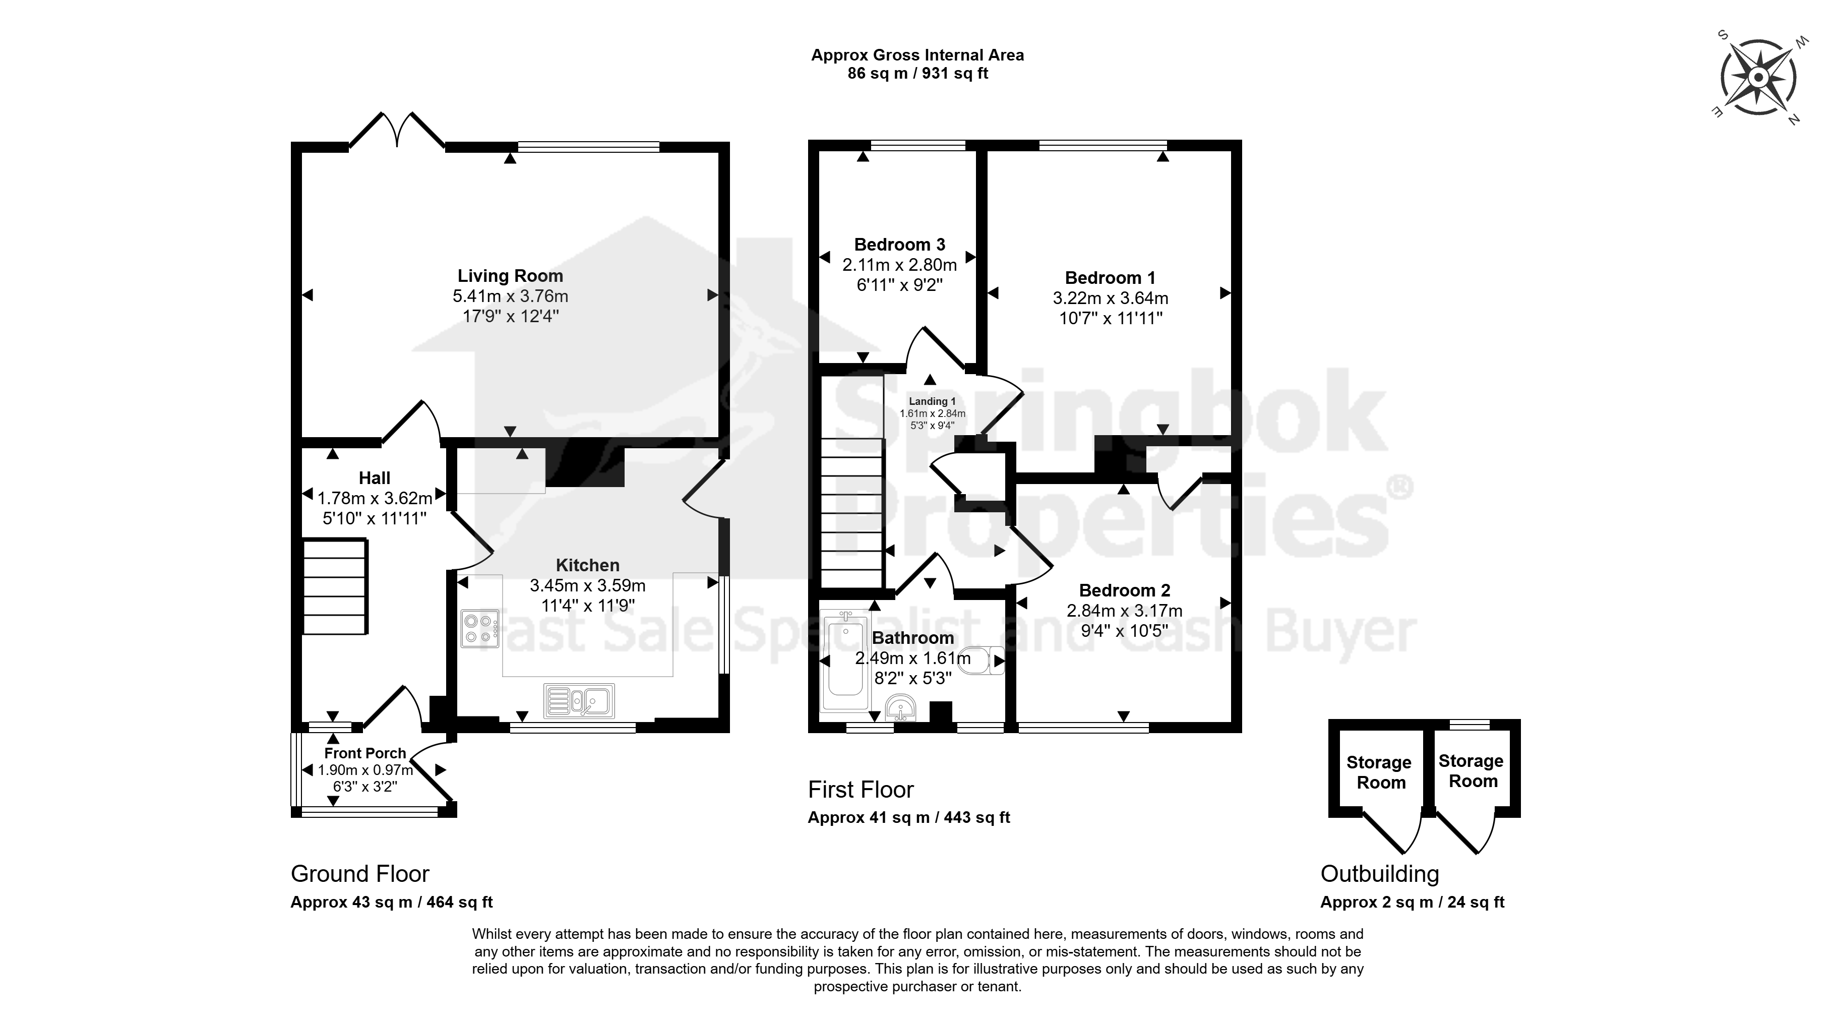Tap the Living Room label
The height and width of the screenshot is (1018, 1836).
click(510, 276)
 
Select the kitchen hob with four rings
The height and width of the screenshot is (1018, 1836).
click(480, 629)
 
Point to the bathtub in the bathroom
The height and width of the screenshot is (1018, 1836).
click(844, 662)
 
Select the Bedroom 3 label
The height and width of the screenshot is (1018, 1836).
click(899, 245)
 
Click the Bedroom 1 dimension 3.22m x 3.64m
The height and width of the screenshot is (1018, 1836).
click(1111, 298)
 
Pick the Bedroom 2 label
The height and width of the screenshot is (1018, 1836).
click(1125, 590)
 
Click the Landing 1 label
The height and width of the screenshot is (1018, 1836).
click(932, 401)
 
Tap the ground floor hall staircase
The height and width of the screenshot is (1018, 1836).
click(336, 586)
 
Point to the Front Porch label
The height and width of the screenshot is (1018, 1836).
click(365, 753)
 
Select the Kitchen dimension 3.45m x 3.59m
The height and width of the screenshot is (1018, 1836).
click(587, 586)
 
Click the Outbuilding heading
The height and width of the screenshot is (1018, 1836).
click(1380, 873)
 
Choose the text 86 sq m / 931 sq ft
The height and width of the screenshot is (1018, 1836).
click(918, 74)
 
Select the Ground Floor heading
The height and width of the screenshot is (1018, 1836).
click(360, 873)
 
